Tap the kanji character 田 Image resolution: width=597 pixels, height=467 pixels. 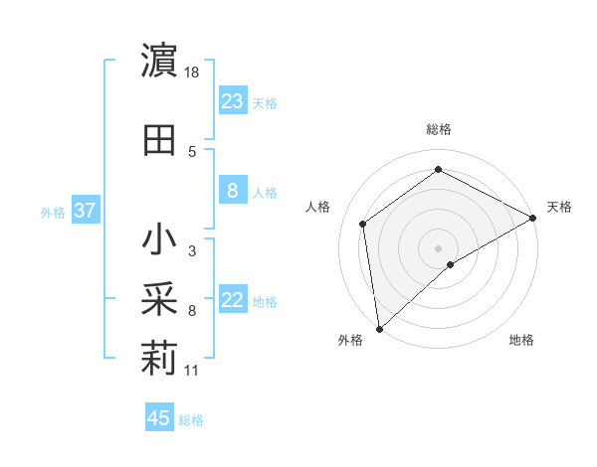pos(159,140)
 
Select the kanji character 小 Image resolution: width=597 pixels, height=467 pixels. pos(159,240)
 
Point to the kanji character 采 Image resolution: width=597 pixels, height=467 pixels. pos(159,299)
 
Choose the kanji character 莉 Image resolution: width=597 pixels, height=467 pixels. pos(159,360)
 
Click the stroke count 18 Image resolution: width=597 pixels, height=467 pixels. pos(193,74)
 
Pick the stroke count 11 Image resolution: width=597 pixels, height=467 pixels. pos(192,372)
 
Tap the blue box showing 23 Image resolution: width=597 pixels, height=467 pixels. pos(233,100)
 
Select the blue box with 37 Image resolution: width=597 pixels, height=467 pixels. pos(85,211)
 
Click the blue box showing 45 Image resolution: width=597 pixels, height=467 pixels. pos(159,418)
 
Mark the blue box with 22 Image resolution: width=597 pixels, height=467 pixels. pos(233,300)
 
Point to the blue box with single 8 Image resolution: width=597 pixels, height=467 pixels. pos(233,191)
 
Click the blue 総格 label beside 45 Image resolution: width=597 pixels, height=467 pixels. pos(191,420)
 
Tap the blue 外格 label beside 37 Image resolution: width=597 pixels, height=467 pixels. pos(53,212)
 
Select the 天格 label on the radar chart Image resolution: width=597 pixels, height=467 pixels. pos(559,207)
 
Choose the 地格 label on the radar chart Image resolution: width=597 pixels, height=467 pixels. pos(521,340)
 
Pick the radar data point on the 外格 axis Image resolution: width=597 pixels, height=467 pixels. pos(379,328)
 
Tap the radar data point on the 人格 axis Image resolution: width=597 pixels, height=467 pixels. pos(363,224)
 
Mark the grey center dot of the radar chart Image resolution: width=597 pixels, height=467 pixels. pos(438,247)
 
